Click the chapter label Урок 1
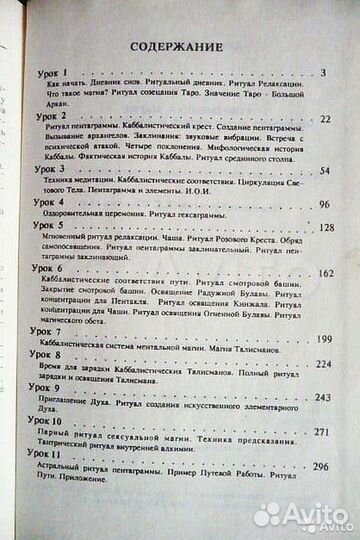(x=46, y=74)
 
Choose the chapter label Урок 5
(x=47, y=227)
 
